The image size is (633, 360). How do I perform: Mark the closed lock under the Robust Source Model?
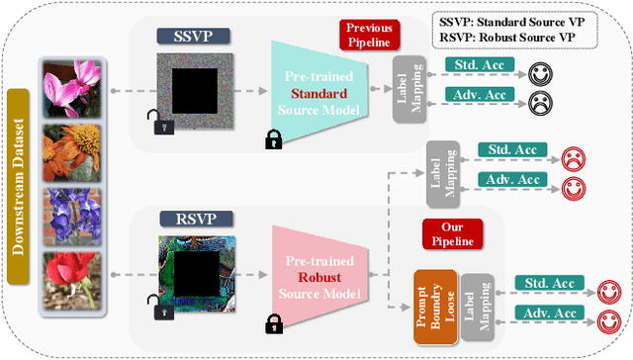pyautogui.click(x=273, y=323)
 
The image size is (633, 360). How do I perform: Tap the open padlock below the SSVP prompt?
pyautogui.click(x=157, y=124)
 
